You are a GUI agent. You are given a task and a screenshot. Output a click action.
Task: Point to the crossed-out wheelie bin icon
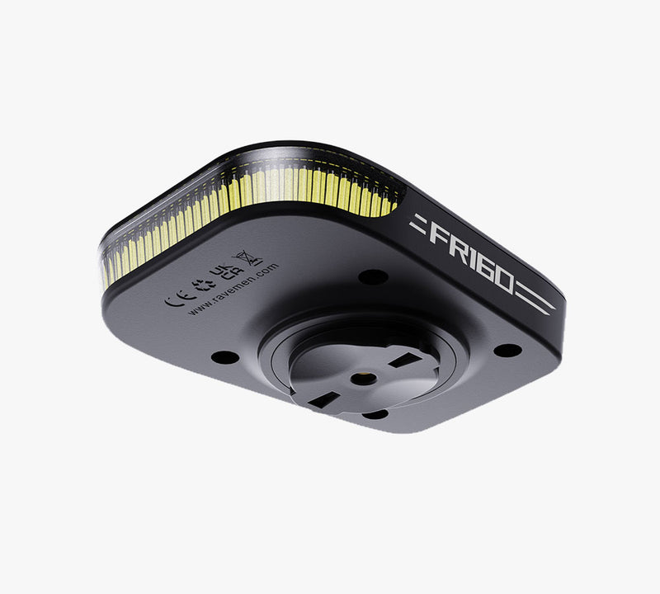248,257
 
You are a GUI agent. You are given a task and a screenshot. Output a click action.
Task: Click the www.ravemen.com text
233,289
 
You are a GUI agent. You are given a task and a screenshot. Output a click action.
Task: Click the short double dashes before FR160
418,221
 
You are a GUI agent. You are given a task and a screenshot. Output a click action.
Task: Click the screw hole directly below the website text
223,357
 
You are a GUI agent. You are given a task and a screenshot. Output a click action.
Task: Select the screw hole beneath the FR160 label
507,350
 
